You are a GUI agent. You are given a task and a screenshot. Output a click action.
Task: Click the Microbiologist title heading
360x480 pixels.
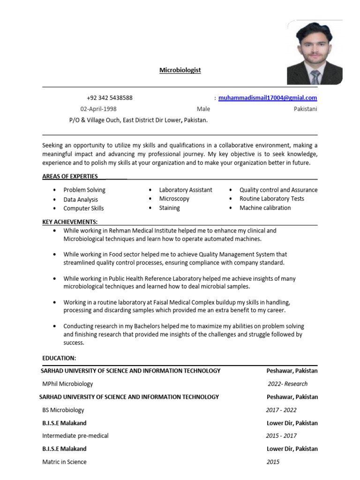[x=180, y=70]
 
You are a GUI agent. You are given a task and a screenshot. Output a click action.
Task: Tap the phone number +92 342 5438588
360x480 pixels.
[x=109, y=98]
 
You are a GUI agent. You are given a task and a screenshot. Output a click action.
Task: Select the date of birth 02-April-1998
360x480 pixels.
[x=98, y=109]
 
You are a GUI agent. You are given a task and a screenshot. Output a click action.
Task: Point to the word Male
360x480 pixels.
[x=203, y=109]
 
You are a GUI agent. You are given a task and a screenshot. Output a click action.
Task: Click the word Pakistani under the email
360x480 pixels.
[x=305, y=109]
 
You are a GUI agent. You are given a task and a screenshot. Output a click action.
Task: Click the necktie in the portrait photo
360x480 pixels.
[x=315, y=77]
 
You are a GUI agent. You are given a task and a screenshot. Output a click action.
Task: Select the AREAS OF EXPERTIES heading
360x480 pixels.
[x=70, y=176]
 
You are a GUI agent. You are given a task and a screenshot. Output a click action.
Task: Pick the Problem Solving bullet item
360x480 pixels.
[x=84, y=190]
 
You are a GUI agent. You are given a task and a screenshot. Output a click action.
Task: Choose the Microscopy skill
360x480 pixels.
[x=174, y=199]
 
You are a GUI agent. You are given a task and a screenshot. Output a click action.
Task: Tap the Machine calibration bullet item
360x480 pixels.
[x=265, y=208]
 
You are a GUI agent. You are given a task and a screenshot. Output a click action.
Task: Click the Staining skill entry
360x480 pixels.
[x=169, y=208]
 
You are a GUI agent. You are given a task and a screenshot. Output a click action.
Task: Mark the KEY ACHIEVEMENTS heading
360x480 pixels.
[x=70, y=222]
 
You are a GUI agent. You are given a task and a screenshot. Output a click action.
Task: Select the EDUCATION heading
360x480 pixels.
[x=59, y=358]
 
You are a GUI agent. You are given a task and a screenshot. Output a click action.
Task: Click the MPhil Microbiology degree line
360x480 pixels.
[x=67, y=383]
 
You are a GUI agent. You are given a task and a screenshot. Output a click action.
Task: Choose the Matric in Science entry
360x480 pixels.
[x=64, y=462]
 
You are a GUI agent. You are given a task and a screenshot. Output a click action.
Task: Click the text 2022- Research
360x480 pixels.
[x=288, y=383]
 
